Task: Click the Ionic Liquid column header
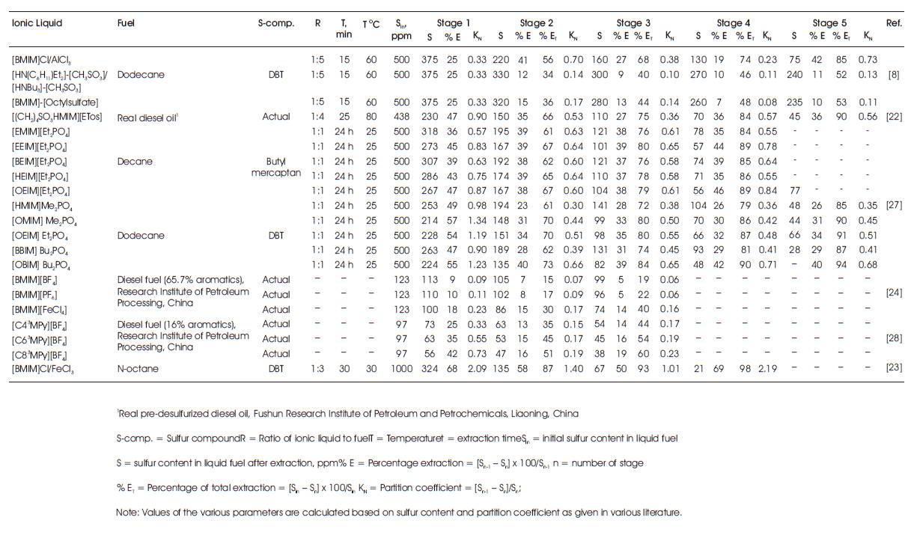pos(37,23)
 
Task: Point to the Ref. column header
pos(893,23)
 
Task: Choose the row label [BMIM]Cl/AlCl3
pos(42,60)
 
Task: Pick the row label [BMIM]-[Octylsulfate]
pos(55,102)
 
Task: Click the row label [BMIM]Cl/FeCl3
pos(43,369)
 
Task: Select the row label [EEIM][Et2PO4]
pos(41,146)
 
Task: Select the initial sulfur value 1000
pos(401,369)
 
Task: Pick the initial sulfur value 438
pos(401,117)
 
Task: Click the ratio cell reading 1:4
pos(317,117)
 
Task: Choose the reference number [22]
pos(894,117)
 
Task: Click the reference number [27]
pos(894,204)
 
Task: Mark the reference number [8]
pos(894,75)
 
